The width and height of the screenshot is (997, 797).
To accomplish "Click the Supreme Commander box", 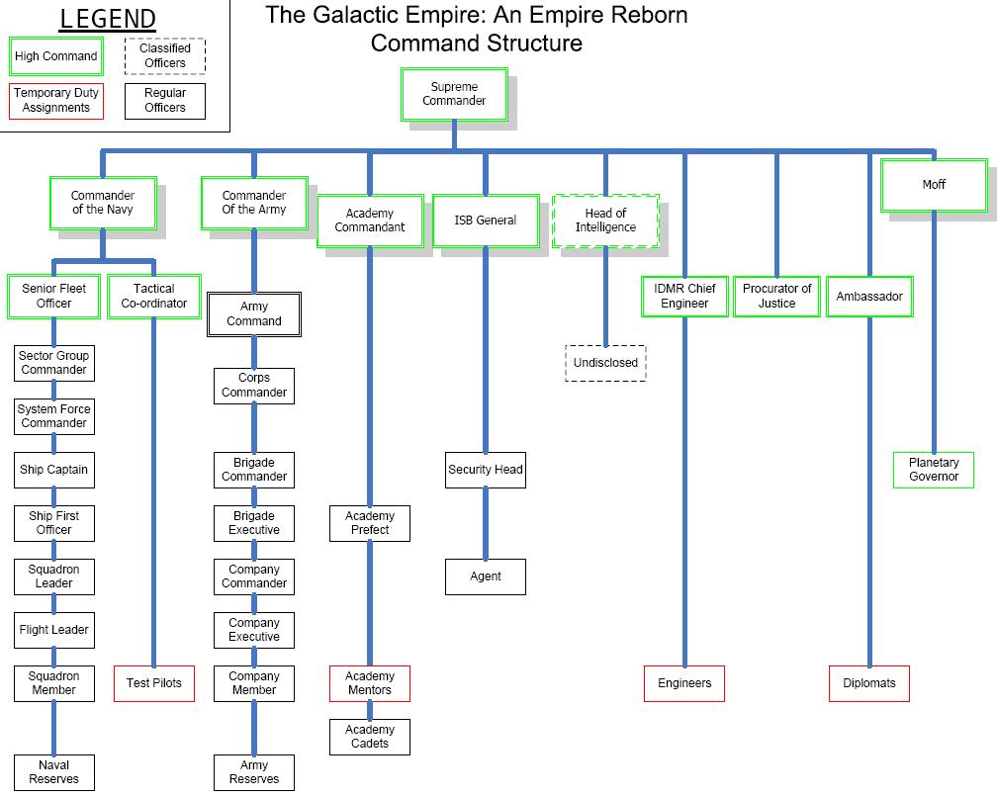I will (x=454, y=94).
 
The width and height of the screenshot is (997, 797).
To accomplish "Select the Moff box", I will (x=934, y=184).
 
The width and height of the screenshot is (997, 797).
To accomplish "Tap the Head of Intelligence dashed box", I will (x=605, y=221).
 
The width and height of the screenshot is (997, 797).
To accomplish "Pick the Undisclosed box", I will (x=605, y=363).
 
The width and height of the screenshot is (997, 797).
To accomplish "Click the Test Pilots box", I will (x=153, y=683).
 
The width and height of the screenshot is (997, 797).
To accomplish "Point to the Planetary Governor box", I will (x=934, y=470).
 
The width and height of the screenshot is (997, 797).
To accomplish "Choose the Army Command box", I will (x=253, y=314).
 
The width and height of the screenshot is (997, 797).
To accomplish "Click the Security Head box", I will (x=485, y=470).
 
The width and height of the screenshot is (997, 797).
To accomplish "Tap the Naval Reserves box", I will (x=53, y=772).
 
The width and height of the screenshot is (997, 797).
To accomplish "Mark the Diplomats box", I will (x=869, y=683).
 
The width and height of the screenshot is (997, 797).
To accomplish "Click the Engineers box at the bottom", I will (x=684, y=683).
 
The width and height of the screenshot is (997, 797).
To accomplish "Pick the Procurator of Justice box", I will (x=776, y=296).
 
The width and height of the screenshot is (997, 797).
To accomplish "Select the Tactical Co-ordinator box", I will (x=153, y=296).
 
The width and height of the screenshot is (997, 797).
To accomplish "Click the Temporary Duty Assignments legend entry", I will (x=56, y=101).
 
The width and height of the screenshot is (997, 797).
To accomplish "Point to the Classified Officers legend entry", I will (x=165, y=55).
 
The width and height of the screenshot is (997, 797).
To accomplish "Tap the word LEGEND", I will (x=108, y=19).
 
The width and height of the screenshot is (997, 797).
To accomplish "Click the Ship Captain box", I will (x=53, y=470).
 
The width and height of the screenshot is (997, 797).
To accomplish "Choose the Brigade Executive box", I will (x=254, y=523).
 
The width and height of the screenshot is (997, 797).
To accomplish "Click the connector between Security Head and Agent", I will (x=485, y=524).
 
